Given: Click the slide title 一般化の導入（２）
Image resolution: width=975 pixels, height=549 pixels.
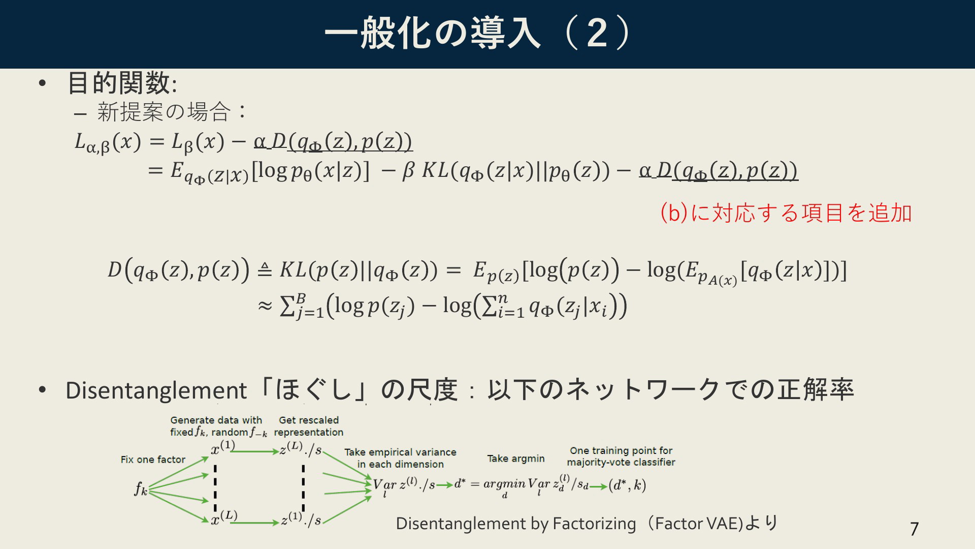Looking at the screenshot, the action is point(478,34).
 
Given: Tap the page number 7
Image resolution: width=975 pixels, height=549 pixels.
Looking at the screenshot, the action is point(914,529).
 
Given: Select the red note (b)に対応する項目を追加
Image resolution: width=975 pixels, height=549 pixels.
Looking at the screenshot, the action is point(786,212).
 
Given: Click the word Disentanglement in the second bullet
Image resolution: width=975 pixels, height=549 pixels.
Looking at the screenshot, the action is point(156,390).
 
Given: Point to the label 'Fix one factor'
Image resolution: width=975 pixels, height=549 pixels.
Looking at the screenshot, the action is point(153,460).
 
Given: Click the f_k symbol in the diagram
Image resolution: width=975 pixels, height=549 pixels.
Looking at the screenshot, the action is point(141,489).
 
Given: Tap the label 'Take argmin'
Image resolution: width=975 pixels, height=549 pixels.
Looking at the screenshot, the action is point(516,459).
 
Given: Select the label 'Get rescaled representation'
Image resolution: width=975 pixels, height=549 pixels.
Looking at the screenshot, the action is point(309,426).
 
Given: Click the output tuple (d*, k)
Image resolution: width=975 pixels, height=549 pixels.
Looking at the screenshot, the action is point(627,485).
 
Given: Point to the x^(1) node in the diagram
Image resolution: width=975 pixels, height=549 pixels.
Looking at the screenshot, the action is point(223,448).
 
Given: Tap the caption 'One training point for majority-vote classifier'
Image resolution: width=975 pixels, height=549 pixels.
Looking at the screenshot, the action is point(621,456).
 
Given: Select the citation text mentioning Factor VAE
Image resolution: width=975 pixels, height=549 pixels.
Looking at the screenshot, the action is point(587,523).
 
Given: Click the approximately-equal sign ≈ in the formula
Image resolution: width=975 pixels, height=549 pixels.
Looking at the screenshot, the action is point(265,306).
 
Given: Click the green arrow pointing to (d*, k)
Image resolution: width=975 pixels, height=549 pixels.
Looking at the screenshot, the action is point(598,486).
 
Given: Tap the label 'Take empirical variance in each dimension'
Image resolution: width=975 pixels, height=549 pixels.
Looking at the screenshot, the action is point(400,458).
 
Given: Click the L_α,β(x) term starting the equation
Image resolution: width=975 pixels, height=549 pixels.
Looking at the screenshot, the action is point(108,142).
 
